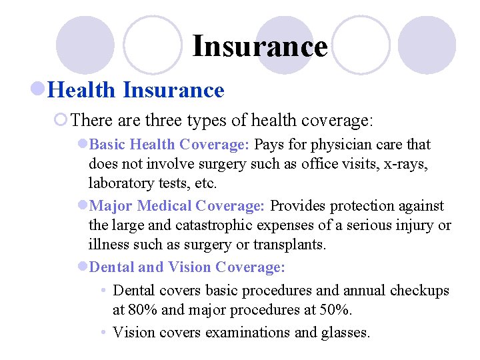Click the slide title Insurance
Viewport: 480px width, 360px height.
[x=259, y=47]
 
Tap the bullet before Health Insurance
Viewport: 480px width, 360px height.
[x=39, y=89]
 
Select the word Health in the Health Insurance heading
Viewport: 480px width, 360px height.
[x=83, y=89]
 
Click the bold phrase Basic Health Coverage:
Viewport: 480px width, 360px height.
[x=169, y=145]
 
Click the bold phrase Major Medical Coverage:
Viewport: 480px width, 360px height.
[x=177, y=206]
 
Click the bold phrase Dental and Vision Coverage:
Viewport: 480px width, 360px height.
[x=187, y=267]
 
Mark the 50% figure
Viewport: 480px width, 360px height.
[x=337, y=310]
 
